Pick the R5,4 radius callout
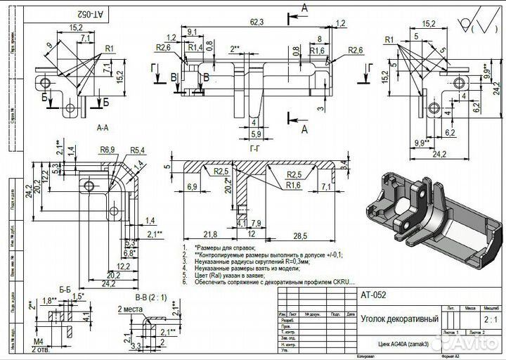[136, 150]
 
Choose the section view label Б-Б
[66, 289]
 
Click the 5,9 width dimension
[256, 133]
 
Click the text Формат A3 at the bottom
[448, 357]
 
